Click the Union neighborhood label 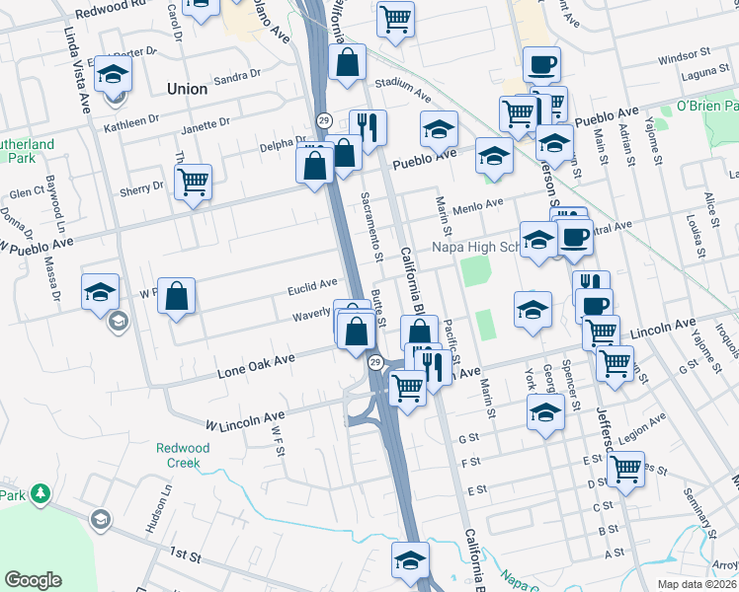(187, 89)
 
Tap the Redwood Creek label (183, 455)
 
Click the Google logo (33, 580)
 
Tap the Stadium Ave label (404, 91)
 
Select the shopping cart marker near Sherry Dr (193, 182)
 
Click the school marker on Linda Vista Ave (114, 74)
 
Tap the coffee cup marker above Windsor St (541, 65)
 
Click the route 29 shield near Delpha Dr (323, 119)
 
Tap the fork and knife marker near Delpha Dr (367, 127)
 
